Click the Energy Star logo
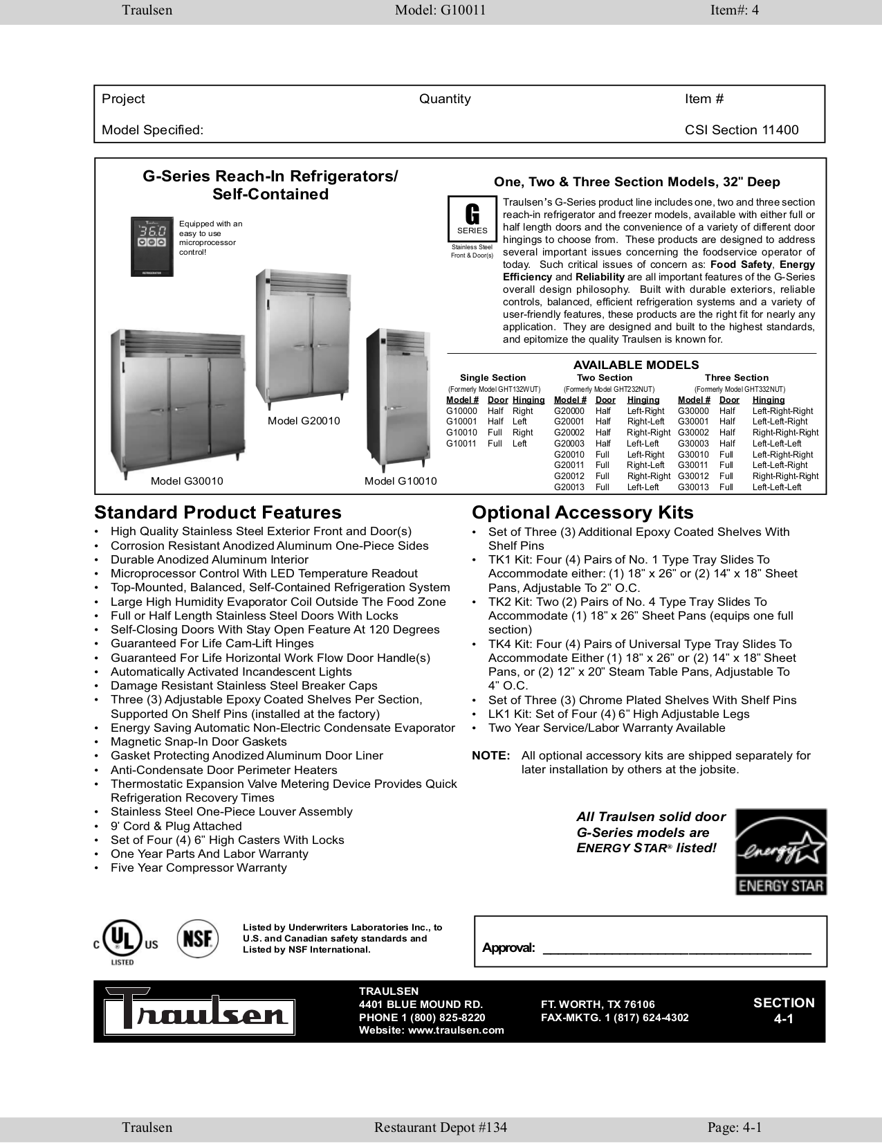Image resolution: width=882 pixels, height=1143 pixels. point(780,852)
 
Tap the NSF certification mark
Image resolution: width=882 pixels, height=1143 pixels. point(198,939)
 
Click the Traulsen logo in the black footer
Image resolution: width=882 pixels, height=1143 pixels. point(199,1012)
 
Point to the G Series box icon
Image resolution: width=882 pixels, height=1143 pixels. point(472,219)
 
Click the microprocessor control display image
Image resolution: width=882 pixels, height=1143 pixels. point(152,246)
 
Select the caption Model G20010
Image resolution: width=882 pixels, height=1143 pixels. point(304,421)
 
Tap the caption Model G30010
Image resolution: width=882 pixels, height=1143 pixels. point(187,481)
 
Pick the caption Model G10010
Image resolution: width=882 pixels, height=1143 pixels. point(401,481)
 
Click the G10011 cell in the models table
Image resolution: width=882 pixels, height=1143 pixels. point(461,444)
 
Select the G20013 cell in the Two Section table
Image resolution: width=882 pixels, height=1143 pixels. point(569,487)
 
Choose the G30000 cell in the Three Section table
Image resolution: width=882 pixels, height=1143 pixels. point(693,411)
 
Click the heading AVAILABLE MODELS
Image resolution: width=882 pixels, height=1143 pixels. point(636,365)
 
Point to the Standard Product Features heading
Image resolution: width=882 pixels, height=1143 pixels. point(218,512)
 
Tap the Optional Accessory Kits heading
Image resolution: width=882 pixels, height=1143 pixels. point(582,512)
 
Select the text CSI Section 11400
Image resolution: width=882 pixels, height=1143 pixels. point(742,130)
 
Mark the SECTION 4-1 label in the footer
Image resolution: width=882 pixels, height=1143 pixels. point(784,1011)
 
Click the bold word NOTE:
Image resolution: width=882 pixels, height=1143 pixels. point(491,756)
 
